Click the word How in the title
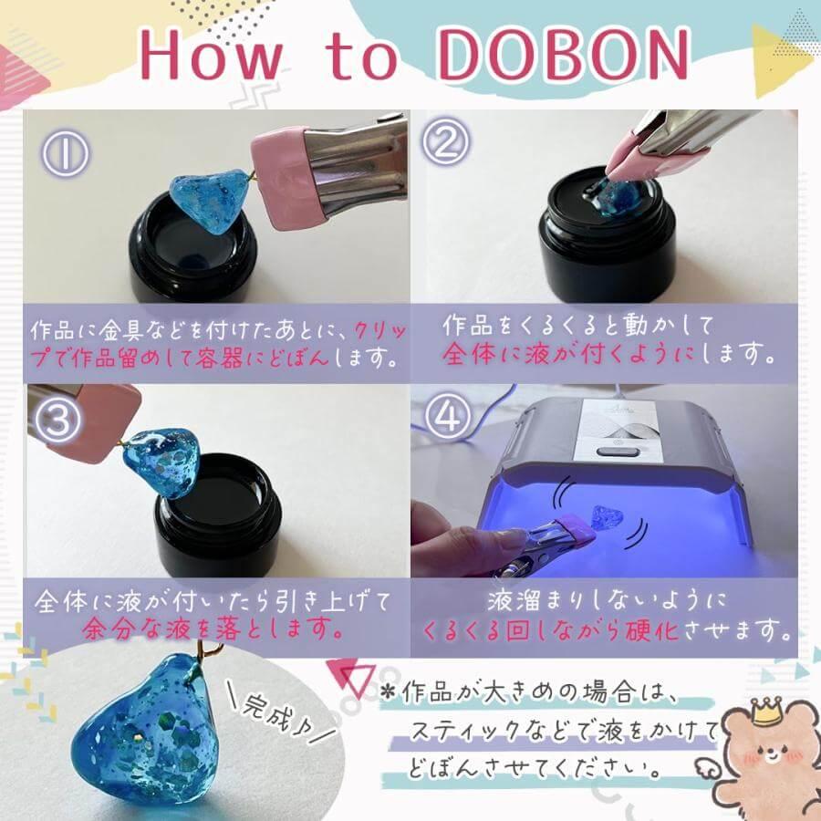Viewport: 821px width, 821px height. (x=212, y=55)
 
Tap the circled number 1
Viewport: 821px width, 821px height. (x=67, y=153)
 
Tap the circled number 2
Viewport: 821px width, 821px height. (x=445, y=140)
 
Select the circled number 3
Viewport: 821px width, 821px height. (x=57, y=421)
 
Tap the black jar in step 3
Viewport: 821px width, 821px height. (x=218, y=514)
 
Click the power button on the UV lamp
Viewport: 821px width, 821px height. (x=614, y=451)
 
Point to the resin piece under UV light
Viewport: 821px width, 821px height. (x=608, y=517)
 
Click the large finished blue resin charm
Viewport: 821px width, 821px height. (x=147, y=731)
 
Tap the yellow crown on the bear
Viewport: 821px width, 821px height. (x=767, y=710)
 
